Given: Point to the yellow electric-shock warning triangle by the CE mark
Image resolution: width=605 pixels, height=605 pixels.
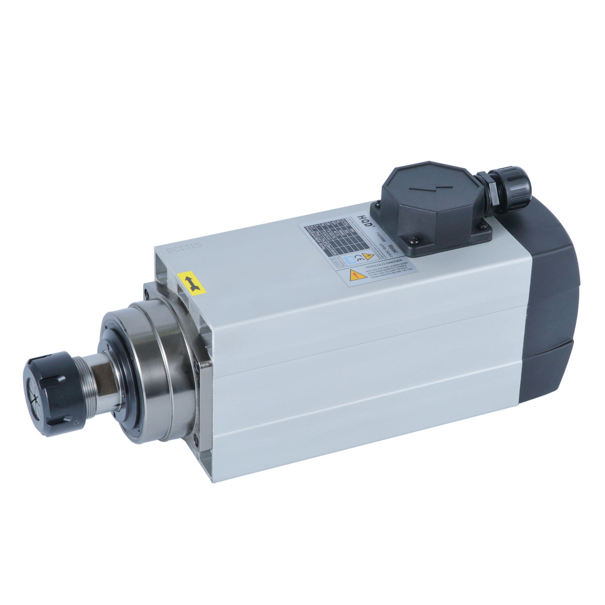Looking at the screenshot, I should tap(368, 256).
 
